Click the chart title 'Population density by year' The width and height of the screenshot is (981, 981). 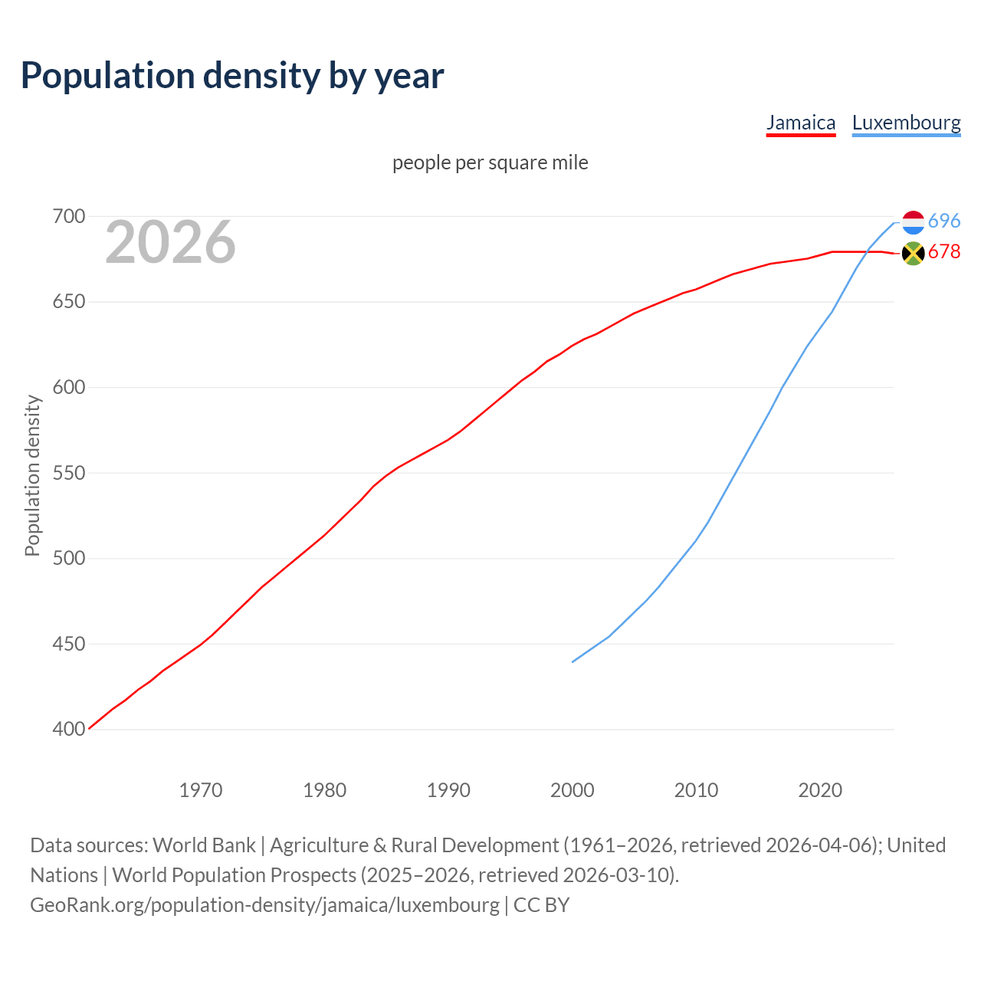(x=232, y=75)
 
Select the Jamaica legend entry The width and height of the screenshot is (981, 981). (x=801, y=123)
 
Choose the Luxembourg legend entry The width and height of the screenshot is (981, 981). (x=906, y=123)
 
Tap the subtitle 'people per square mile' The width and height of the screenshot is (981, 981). (x=490, y=162)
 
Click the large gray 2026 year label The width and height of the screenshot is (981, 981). (x=170, y=242)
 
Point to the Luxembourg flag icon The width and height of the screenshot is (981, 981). (x=913, y=222)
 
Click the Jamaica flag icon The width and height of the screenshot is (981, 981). (x=913, y=253)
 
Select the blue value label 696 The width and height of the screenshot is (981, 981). (x=943, y=221)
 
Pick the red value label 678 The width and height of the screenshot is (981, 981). (x=943, y=252)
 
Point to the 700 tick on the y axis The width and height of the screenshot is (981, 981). (x=68, y=217)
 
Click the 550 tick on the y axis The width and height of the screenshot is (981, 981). (x=68, y=473)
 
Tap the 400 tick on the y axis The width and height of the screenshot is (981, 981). (x=68, y=730)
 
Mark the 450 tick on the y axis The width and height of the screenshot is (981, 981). (x=68, y=644)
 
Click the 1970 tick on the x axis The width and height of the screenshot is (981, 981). (x=201, y=790)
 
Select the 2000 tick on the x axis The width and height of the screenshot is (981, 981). (x=573, y=790)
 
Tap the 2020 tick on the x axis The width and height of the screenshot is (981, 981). (x=820, y=790)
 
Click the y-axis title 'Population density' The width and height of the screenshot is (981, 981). (x=32, y=475)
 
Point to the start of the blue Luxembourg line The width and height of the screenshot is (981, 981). (x=573, y=661)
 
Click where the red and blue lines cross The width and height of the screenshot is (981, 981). (x=866, y=251)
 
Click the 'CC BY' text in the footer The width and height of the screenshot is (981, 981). (x=541, y=905)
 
